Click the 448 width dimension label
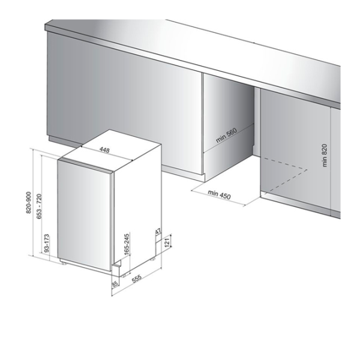104,150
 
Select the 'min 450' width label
219,194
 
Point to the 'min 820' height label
324,155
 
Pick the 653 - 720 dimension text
39,206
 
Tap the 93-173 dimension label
46,244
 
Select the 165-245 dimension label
127,244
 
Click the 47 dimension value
158,232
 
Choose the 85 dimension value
115,284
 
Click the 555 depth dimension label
136,278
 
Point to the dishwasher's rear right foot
152,259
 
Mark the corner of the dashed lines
307,170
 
